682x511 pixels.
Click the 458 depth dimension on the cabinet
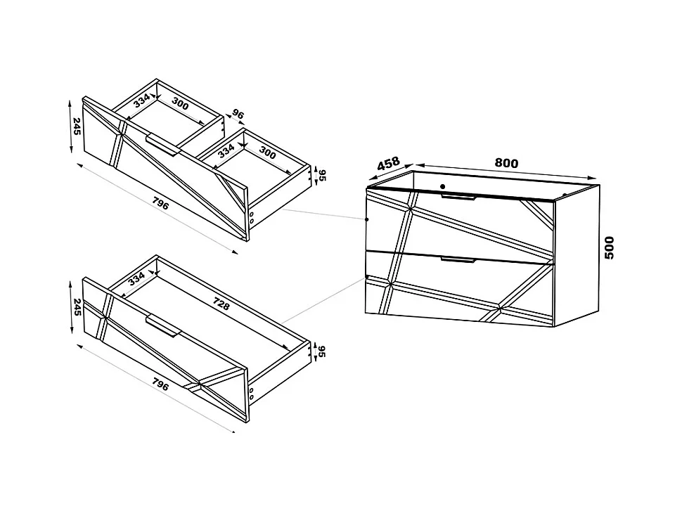pos(388,163)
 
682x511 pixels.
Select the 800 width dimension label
pos(506,163)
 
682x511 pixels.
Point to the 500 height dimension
pos(610,248)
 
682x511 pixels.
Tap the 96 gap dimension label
pos(238,114)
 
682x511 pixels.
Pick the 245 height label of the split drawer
pos(77,126)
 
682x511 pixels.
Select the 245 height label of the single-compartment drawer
pos(77,307)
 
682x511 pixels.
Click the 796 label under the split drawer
pos(160,203)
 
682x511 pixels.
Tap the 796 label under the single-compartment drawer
pos(160,384)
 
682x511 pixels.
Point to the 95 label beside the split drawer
pos(322,175)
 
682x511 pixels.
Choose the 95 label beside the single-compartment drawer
pos(322,351)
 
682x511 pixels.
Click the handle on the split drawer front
pos(163,144)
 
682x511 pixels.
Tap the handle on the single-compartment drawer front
pos(163,325)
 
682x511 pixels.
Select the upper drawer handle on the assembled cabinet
pos(459,197)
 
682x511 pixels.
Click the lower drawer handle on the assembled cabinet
pos(458,260)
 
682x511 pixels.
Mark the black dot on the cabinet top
pos(442,186)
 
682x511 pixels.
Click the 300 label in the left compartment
pos(180,104)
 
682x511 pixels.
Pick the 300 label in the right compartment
pos(267,153)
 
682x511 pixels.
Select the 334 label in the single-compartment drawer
pos(136,278)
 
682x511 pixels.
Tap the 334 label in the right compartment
pos(226,151)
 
